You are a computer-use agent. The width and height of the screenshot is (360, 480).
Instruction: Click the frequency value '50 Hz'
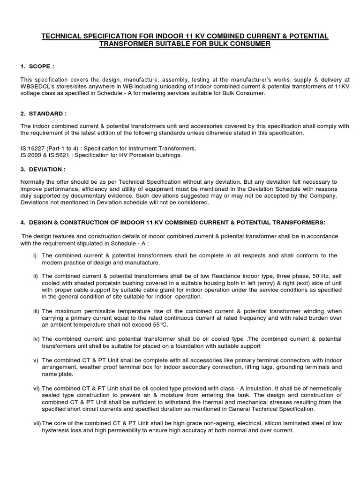click(309, 276)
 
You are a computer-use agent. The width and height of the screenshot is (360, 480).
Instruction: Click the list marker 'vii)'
click(36, 424)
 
